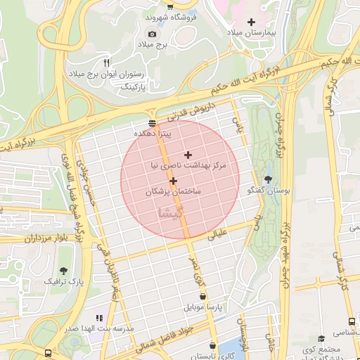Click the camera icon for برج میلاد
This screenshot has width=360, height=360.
(153, 34)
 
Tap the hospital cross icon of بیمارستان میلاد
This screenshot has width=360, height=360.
(251, 22)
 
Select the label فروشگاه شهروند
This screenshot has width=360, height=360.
(168, 16)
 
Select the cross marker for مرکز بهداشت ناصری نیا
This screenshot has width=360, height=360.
(188, 154)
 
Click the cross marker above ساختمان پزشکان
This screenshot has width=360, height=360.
(173, 181)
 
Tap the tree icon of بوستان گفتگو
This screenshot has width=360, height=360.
(267, 180)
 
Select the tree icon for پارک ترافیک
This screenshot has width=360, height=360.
(64, 271)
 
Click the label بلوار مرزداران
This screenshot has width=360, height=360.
(32, 239)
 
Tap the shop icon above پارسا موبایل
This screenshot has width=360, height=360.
(202, 297)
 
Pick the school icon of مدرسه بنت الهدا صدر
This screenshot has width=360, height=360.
(99, 318)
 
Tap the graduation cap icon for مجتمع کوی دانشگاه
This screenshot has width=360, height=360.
(322, 339)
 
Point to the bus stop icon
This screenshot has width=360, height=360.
(48, 353)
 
